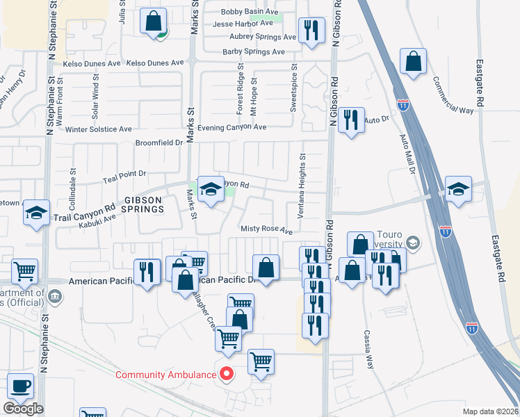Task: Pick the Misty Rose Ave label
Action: click(266, 229)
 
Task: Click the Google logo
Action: click(23, 409)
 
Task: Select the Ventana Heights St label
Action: click(302, 187)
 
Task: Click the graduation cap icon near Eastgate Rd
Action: click(458, 189)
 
